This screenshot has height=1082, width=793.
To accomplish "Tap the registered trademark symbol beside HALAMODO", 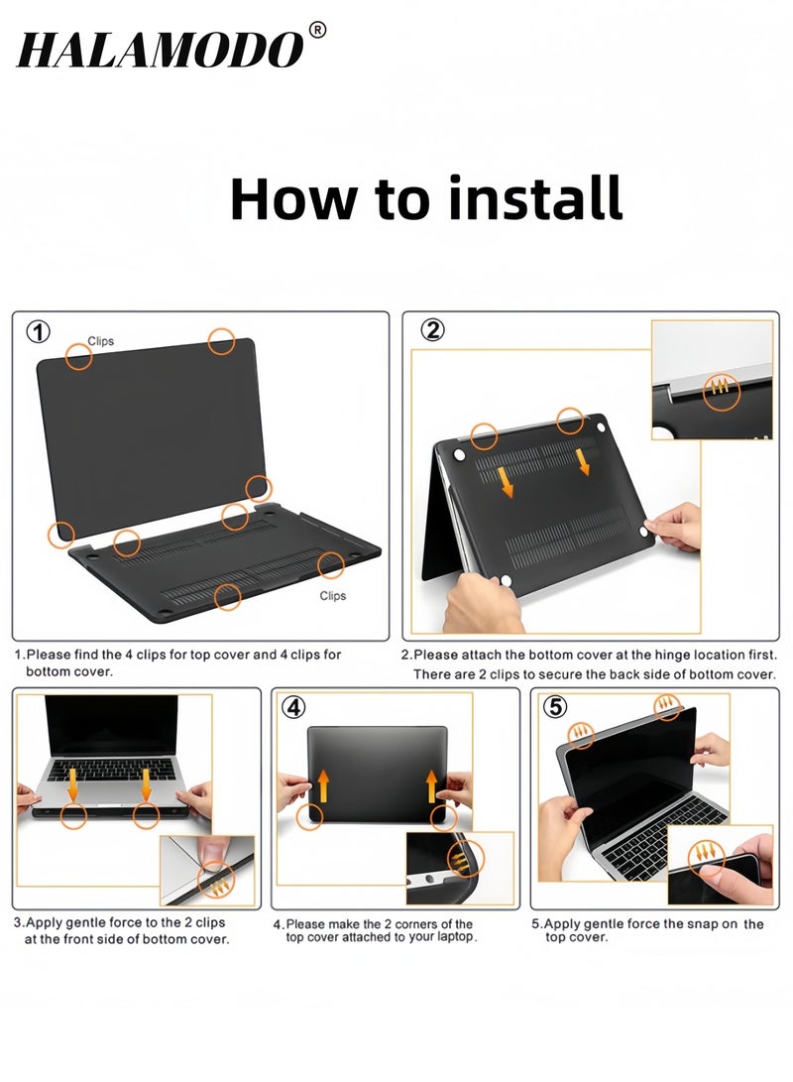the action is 317,31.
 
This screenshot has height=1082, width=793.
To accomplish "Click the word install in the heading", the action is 535,198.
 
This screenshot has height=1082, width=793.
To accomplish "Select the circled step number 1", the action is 38,332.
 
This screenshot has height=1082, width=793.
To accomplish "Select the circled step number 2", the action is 432,330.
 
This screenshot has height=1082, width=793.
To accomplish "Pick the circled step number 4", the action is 293,707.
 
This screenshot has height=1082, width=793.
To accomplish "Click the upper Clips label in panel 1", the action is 101,341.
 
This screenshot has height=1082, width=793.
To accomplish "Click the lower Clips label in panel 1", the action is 332,595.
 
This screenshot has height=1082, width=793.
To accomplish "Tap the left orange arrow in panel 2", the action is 506,482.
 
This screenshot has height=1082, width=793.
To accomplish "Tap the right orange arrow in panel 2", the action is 584,461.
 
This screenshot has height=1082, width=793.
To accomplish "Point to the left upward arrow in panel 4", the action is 323,785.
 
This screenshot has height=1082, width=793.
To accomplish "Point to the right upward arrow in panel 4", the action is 431,785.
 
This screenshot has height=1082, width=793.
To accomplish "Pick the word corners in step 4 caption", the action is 409,924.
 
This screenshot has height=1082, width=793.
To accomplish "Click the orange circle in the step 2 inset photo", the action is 722,393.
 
